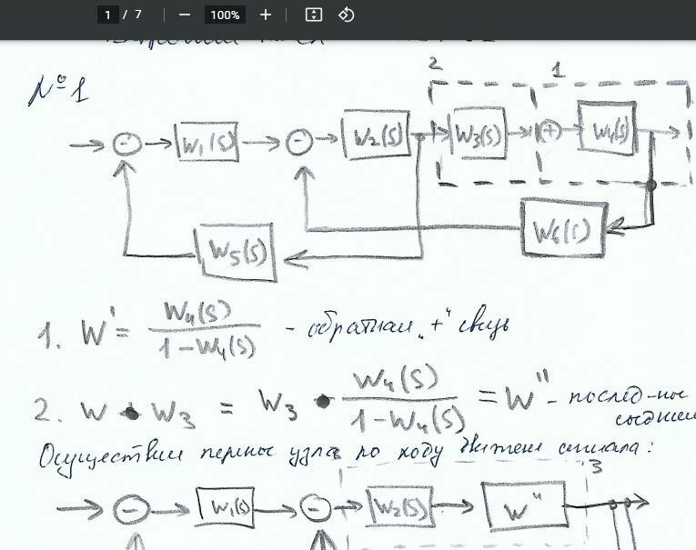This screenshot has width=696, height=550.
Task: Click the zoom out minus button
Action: click(185, 15)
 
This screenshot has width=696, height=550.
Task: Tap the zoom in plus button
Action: click(266, 15)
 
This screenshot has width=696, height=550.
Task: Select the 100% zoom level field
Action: click(224, 15)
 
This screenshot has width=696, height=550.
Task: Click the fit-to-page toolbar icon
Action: click(314, 15)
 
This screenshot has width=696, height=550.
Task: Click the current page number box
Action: click(108, 15)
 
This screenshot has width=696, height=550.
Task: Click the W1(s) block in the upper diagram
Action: click(207, 144)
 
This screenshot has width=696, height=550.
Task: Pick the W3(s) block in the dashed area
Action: click(479, 135)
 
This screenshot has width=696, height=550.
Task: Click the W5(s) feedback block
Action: click(236, 250)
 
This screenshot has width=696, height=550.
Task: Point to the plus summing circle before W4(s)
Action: click(548, 131)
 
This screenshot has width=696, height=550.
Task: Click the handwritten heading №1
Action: click(58, 91)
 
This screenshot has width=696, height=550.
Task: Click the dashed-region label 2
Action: click(435, 63)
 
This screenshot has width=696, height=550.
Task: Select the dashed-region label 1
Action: click(558, 68)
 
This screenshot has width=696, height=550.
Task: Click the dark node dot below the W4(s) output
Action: click(651, 185)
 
